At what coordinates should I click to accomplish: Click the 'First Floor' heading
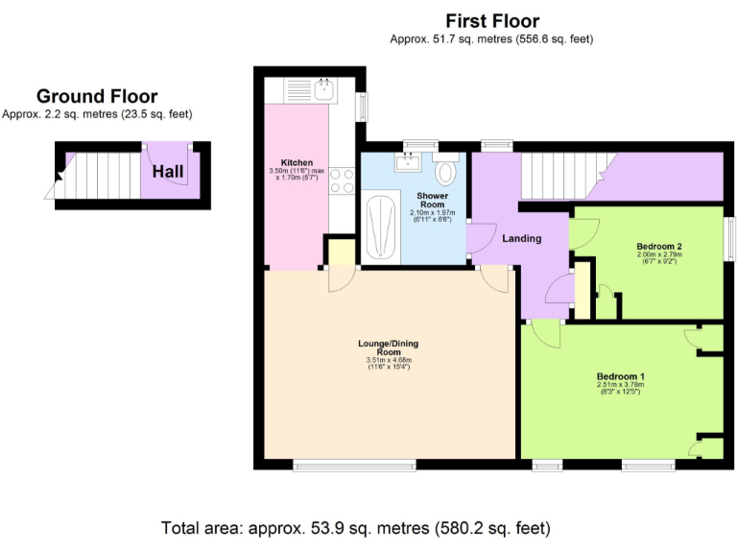click(492, 20)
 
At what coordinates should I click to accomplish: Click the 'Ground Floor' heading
click(97, 96)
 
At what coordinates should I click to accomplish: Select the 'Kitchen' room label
click(297, 162)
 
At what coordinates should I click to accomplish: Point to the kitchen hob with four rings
click(343, 180)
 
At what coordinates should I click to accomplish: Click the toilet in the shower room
click(445, 173)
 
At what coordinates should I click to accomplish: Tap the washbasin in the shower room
click(407, 160)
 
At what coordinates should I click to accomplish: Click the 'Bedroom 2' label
click(659, 247)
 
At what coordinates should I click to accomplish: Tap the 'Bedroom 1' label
click(620, 375)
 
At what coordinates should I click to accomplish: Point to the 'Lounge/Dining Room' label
click(388, 348)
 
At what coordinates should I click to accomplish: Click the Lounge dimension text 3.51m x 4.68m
click(388, 360)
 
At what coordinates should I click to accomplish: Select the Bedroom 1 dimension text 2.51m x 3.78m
click(620, 386)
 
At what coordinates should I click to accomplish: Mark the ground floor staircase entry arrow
click(59, 176)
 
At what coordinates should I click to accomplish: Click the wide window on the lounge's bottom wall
click(355, 466)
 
